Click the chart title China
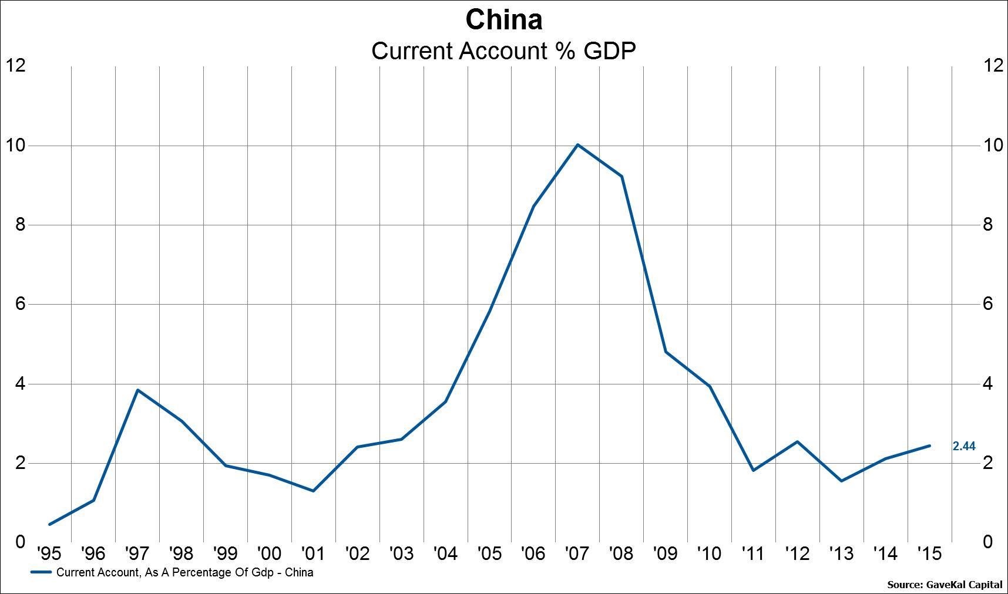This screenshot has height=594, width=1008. click(x=503, y=20)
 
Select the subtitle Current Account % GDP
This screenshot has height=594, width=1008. click(x=503, y=51)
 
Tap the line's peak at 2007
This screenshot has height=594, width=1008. click(x=577, y=144)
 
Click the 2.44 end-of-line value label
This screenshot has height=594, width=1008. click(x=963, y=447)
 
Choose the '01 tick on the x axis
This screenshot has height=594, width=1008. click(x=313, y=553)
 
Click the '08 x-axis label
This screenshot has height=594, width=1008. click(x=621, y=553)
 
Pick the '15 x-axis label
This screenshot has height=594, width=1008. click(x=929, y=553)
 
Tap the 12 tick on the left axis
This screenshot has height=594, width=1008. click(x=16, y=65)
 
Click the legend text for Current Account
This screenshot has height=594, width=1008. click(x=184, y=572)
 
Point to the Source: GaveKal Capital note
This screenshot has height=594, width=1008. click(x=945, y=585)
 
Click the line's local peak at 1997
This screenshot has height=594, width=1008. click(x=137, y=390)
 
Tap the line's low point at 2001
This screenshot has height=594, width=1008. click(x=313, y=491)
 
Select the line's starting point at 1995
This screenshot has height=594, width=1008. click(x=50, y=524)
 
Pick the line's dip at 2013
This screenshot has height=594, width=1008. click(x=841, y=481)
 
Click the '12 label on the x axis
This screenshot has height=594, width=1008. click(x=797, y=553)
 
